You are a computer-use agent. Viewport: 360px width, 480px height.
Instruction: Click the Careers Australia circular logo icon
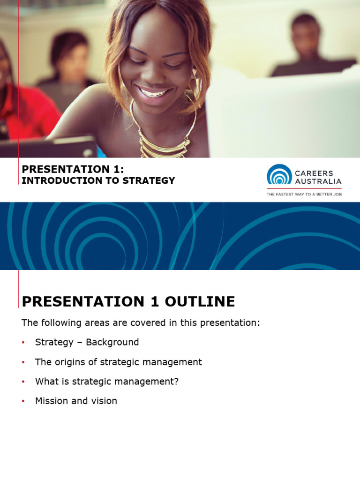[x=279, y=175]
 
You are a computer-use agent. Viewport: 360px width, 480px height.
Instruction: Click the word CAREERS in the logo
[x=314, y=172]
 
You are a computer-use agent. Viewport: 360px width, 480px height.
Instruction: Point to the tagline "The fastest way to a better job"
[x=304, y=194]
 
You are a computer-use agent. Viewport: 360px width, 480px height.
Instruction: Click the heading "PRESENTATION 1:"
[x=73, y=170]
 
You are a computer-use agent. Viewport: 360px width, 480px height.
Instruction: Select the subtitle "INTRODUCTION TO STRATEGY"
[x=98, y=180]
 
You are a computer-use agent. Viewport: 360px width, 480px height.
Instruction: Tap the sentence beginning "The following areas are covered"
[x=141, y=323]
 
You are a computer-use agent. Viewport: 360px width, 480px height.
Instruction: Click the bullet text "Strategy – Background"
[x=87, y=342]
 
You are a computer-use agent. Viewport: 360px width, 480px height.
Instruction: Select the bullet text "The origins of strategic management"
[x=118, y=362]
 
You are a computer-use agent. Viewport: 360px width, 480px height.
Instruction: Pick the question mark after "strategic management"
[x=176, y=382]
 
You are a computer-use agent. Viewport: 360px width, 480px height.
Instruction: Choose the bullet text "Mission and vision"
[x=76, y=401]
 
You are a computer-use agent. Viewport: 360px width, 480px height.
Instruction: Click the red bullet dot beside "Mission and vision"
[x=23, y=402]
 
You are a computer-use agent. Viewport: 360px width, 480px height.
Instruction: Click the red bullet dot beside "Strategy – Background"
[x=23, y=343]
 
